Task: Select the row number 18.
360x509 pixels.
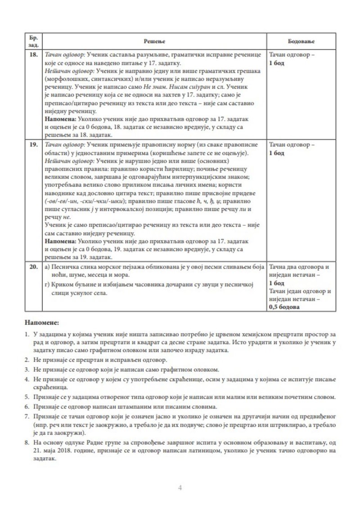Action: click(x=33, y=54)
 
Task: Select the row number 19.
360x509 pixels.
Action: click(x=33, y=145)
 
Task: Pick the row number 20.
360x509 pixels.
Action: click(x=33, y=267)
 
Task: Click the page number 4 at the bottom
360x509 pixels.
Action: click(x=180, y=487)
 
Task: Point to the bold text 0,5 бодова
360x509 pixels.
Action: click(x=284, y=307)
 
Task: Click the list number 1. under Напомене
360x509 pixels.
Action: click(x=27, y=335)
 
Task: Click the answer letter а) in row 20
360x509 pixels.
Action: click(x=48, y=267)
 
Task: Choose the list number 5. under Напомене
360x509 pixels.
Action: click(x=27, y=397)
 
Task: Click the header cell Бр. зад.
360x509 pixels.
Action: click(x=33, y=41)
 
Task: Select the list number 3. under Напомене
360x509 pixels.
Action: click(x=27, y=370)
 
